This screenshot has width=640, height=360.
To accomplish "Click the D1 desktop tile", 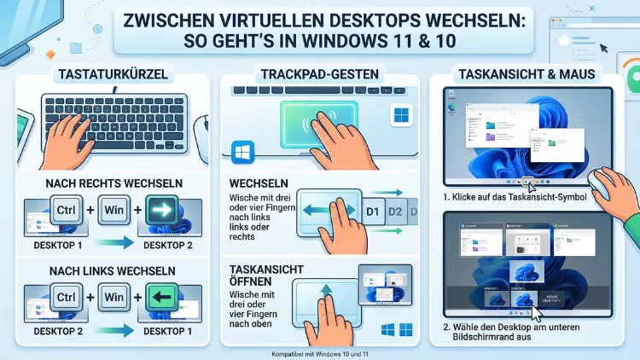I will tap(372, 211).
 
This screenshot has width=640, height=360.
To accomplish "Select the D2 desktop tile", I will tap(395, 211).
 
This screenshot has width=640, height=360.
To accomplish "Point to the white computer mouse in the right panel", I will tap(612, 183).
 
